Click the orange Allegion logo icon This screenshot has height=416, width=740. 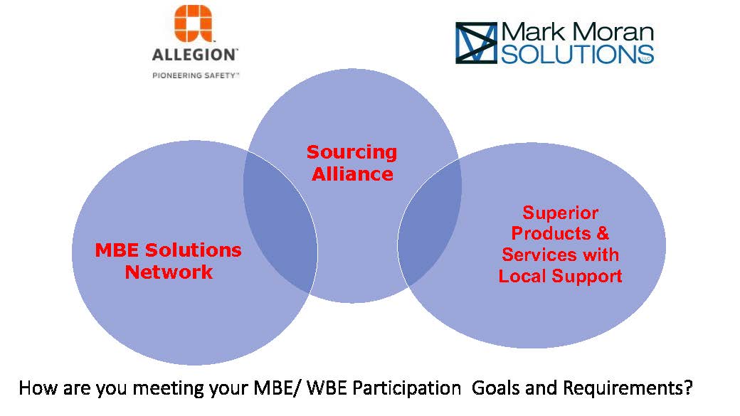(193, 23)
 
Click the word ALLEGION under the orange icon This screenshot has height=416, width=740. (194, 55)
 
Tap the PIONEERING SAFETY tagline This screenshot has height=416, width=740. (195, 75)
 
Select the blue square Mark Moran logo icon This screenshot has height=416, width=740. (476, 43)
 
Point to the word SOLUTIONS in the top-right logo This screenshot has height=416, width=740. (577, 54)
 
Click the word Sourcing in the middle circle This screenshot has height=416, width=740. (352, 152)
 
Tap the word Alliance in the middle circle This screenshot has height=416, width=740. (352, 174)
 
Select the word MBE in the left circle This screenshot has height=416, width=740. (117, 250)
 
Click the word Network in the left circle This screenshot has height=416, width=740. (169, 272)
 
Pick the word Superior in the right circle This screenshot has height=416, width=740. (560, 213)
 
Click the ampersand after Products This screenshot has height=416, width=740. (603, 233)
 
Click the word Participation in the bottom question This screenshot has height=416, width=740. (406, 388)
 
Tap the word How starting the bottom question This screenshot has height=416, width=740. (38, 388)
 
